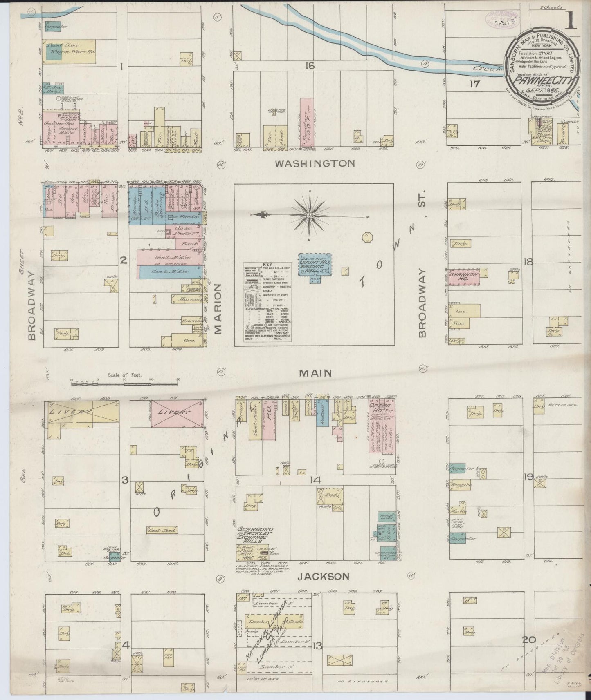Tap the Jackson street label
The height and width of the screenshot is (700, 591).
323,576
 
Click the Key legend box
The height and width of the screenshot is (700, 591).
268,301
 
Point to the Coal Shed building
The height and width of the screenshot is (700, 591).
162,530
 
